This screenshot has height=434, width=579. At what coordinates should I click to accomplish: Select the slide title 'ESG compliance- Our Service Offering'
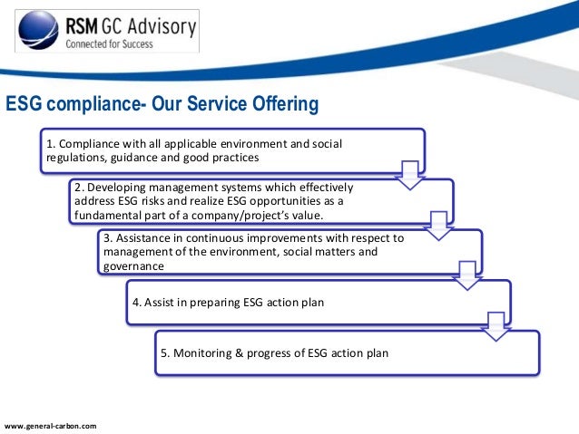[x=162, y=106]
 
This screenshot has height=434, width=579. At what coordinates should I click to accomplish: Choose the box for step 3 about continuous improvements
[x=289, y=252]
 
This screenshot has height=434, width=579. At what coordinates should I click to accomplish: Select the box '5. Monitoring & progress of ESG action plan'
[x=345, y=352]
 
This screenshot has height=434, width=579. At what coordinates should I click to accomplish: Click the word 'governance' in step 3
[x=133, y=267]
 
